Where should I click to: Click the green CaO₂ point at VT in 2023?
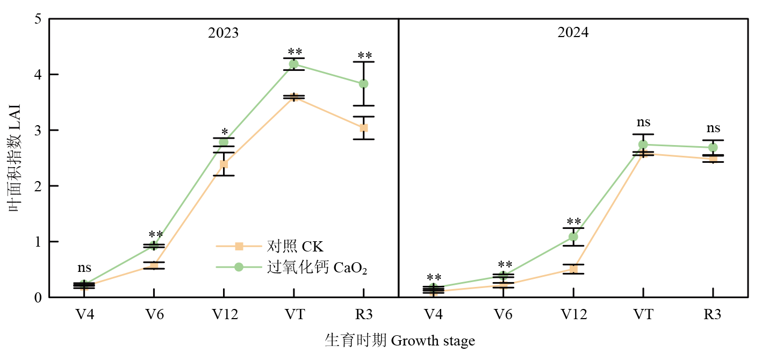click(x=294, y=64)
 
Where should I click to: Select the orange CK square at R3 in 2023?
click(x=364, y=128)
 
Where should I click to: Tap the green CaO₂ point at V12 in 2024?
click(x=573, y=236)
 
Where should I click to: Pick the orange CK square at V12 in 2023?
click(x=224, y=164)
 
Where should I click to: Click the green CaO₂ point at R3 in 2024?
click(x=713, y=147)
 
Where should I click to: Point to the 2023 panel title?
click(x=224, y=33)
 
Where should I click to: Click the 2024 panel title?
click(x=573, y=33)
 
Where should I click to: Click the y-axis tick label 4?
click(x=38, y=75)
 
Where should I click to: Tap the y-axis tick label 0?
click(x=38, y=298)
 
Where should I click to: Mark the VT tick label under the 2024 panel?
click(x=643, y=315)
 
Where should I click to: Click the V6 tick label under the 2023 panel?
click(x=154, y=315)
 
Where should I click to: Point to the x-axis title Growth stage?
click(x=400, y=341)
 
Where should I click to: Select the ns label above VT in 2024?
click(x=643, y=123)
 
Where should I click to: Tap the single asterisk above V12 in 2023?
click(x=225, y=131)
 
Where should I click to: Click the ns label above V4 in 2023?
click(x=84, y=268)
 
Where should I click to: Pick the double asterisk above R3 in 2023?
click(x=364, y=55)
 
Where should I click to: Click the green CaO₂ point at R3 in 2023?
click(x=364, y=84)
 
